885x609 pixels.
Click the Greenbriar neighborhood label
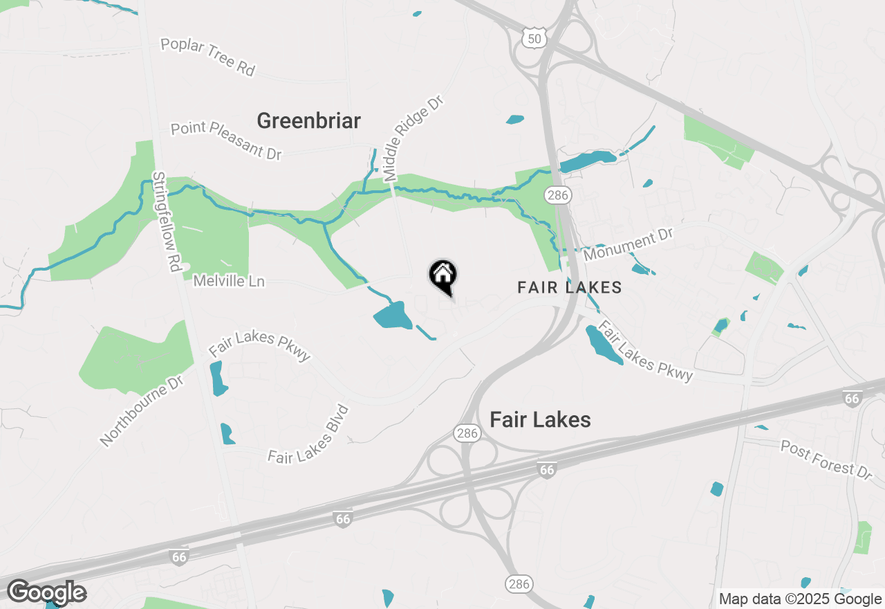[308, 121]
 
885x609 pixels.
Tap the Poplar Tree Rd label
[207, 57]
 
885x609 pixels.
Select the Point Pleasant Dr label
[226, 140]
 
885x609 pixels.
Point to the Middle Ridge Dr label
[413, 138]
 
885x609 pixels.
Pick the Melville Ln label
[229, 282]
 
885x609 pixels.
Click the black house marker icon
[442, 275]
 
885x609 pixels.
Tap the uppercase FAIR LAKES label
[570, 288]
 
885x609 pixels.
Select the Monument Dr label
[628, 245]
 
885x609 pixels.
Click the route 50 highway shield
[534, 38]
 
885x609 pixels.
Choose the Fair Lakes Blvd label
[308, 435]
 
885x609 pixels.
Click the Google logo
[46, 593]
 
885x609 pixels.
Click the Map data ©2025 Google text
[799, 599]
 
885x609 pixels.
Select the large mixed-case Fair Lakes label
[540, 419]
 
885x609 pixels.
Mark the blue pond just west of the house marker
[393, 316]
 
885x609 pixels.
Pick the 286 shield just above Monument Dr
[557, 196]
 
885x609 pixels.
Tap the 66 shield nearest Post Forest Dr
[853, 399]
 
